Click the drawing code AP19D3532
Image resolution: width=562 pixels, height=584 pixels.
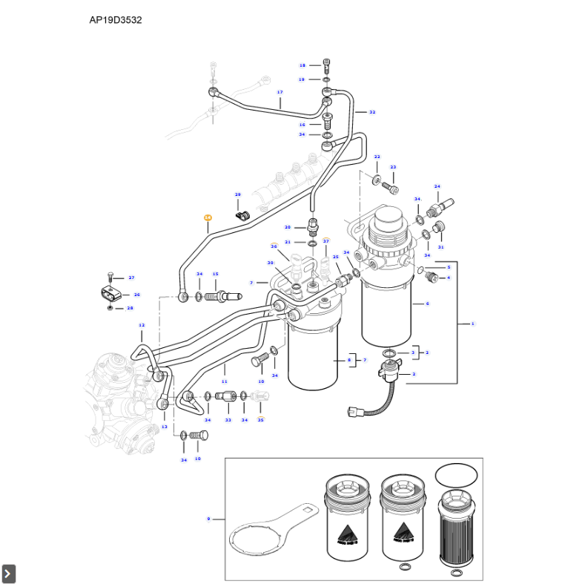[x=116, y=20]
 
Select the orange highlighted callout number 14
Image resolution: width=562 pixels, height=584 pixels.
[x=208, y=217]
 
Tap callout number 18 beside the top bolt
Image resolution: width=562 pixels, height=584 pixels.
[x=303, y=65]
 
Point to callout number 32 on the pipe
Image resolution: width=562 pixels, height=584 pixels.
[x=372, y=112]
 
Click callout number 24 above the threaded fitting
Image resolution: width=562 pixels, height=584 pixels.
[x=437, y=186]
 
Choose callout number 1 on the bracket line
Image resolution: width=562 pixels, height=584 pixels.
[x=472, y=324]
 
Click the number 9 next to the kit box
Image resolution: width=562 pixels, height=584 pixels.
[x=208, y=519]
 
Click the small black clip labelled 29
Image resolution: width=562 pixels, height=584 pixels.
[x=241, y=215]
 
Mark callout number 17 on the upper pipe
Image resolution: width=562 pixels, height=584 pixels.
[x=280, y=93]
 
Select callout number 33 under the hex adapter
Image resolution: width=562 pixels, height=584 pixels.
[x=228, y=420]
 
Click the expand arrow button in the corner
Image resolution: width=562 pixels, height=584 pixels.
[x=9, y=574]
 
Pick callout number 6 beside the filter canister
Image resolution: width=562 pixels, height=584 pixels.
[x=426, y=304]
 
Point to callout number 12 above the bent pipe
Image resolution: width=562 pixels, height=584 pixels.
[x=142, y=325]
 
